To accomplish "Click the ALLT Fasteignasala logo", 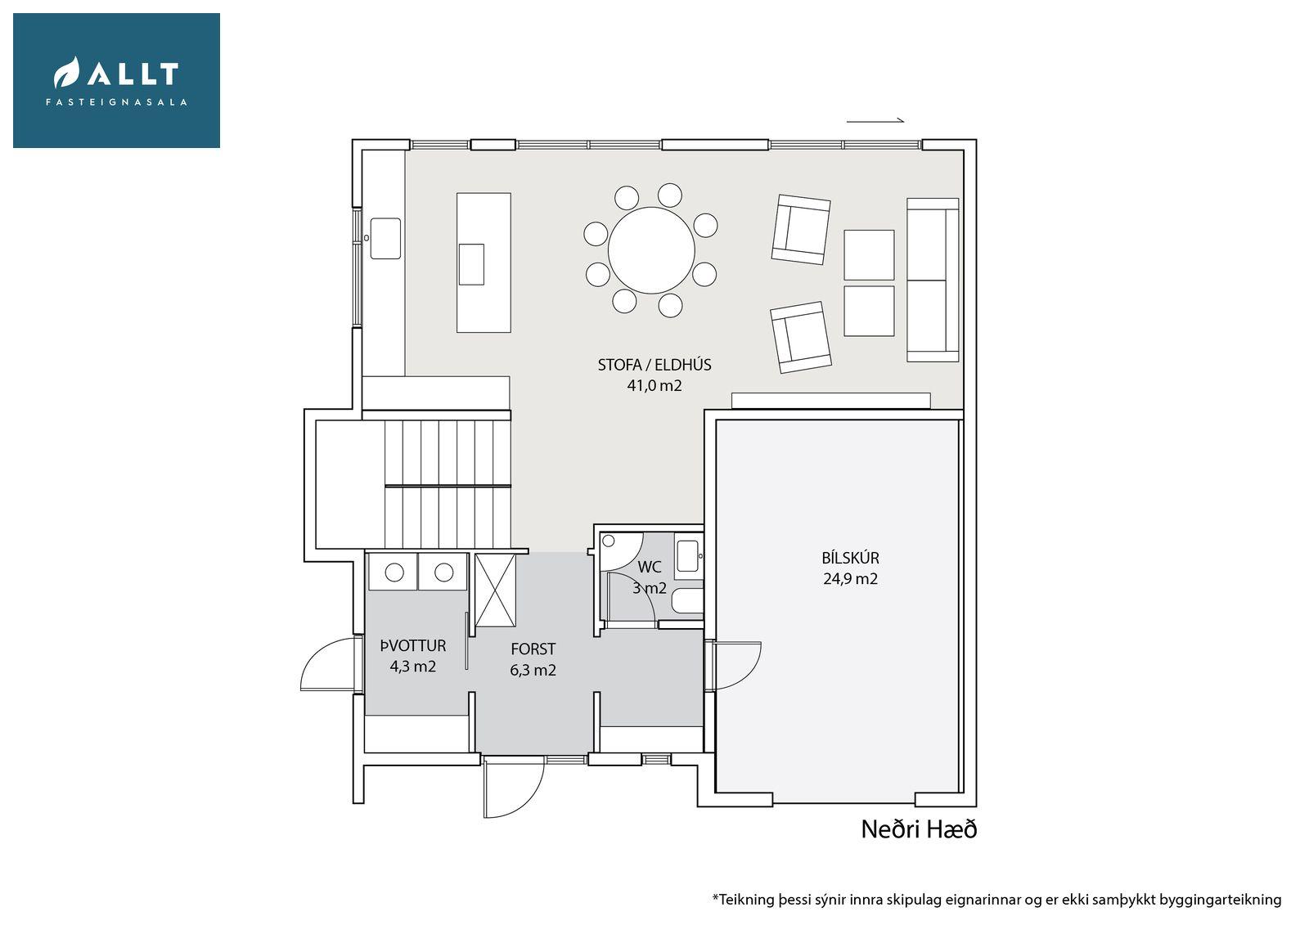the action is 116,81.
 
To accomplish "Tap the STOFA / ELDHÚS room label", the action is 654,366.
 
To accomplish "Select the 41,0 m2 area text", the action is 654,386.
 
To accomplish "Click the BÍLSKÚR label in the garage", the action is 850,558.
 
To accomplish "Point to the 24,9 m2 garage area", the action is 850,578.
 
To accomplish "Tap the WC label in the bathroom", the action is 650,567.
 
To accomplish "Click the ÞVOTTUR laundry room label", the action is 413,645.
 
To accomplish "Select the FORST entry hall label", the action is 533,649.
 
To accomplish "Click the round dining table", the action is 651,250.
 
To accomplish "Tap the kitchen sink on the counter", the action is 385,239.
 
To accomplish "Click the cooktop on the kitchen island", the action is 471,264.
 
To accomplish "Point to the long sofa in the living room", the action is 933,280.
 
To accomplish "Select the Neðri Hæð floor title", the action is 920,830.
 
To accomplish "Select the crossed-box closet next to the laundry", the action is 496,590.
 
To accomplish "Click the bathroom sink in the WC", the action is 687,556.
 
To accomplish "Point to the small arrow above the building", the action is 875,121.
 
